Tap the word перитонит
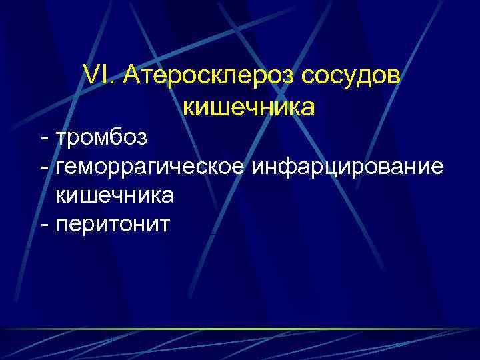point(113,224)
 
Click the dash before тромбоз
point(44,139)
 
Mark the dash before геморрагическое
point(44,167)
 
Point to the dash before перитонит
point(44,225)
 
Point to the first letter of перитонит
point(64,225)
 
